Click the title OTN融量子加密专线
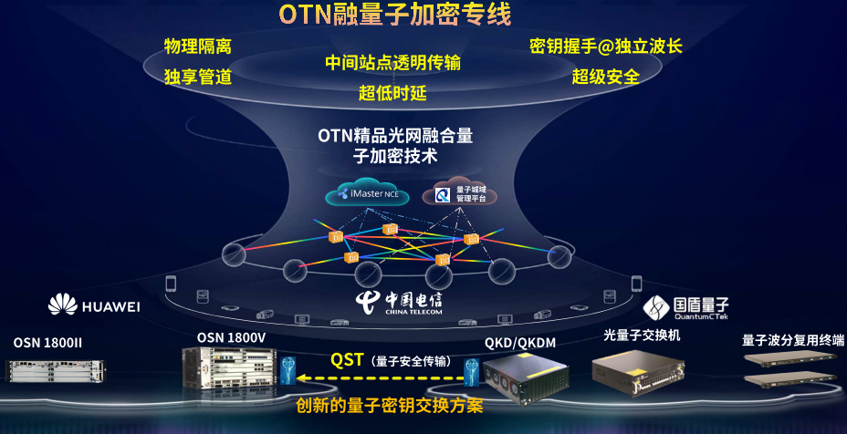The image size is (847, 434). coord(395,15)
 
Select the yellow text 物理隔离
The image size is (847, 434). coord(198,46)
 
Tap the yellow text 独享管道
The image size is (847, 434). coord(198,77)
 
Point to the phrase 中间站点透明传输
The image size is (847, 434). coord(392,63)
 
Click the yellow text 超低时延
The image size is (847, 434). coord(392,93)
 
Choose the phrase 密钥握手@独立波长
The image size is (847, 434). coord(605,46)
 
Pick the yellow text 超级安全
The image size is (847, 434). coord(605,77)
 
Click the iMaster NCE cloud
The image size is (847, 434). coord(367,192)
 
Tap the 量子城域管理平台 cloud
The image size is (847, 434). coord(458,192)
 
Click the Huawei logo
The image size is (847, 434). coord(94,305)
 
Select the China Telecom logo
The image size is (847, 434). coord(399,303)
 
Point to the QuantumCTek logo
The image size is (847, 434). coord(685,307)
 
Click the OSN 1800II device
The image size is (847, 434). coord(57,370)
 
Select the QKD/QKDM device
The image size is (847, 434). coord(526,377)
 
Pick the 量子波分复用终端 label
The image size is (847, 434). coord(793,340)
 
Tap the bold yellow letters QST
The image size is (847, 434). coord(346,359)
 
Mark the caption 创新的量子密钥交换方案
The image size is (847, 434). coord(389,406)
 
